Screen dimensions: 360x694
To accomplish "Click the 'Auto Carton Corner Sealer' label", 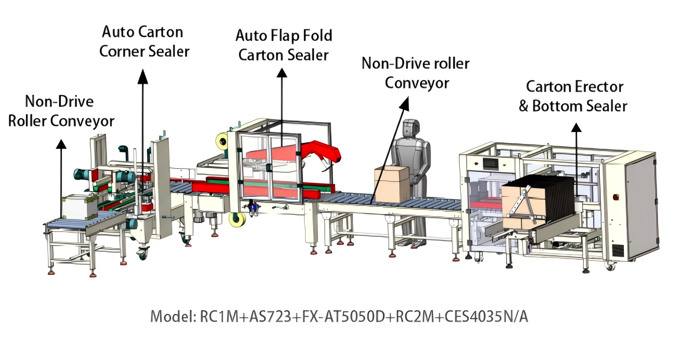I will [144, 42].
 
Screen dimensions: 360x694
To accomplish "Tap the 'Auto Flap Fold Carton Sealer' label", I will [284, 45].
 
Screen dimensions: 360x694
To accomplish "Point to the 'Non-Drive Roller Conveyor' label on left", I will [61, 111].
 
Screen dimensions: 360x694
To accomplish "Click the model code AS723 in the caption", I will [270, 317].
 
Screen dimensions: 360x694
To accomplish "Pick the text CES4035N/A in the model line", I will [486, 317].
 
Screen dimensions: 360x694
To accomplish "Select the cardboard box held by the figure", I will [392, 184].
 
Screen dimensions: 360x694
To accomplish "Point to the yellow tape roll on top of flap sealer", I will [222, 141].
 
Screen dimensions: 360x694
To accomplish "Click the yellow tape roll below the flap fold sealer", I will [237, 220].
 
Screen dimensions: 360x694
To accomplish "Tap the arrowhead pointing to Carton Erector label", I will [576, 128].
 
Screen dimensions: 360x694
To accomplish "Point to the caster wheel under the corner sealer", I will [143, 253].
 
